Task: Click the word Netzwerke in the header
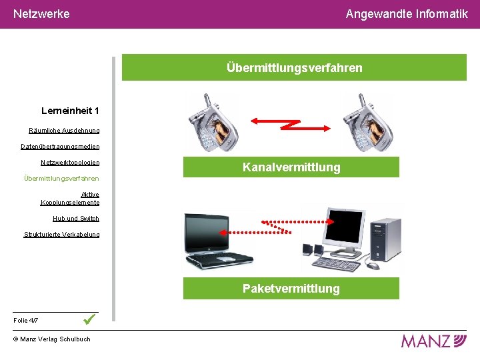point(41,13)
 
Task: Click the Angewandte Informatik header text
point(407,13)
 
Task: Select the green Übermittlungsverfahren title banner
point(294,67)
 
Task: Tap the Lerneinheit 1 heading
point(70,111)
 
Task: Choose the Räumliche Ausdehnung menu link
point(64,131)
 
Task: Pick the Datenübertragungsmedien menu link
point(60,147)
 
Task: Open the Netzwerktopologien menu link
point(70,163)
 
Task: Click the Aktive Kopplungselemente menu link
point(71,199)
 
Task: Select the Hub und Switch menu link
point(76,219)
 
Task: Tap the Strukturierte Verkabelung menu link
point(62,235)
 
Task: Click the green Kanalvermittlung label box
point(291,167)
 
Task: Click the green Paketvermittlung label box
point(291,289)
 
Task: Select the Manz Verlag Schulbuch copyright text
point(52,339)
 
